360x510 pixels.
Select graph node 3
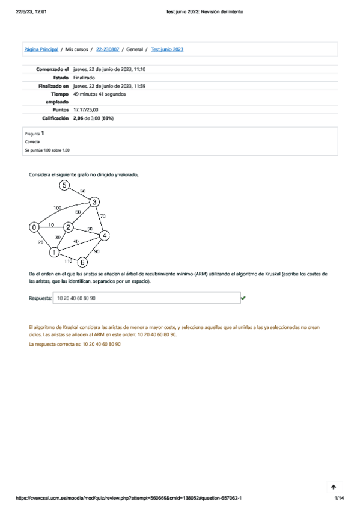[94, 202]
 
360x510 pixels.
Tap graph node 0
[35, 227]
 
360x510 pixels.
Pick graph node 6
[83, 262]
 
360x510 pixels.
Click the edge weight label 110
[68, 261]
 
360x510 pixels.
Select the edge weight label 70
[102, 216]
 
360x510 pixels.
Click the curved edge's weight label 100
[58, 207]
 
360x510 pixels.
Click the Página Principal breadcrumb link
[41, 49]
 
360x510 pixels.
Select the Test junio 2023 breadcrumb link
[167, 49]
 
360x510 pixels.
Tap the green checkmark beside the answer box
[243, 298]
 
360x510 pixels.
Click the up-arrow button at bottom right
[334, 487]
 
